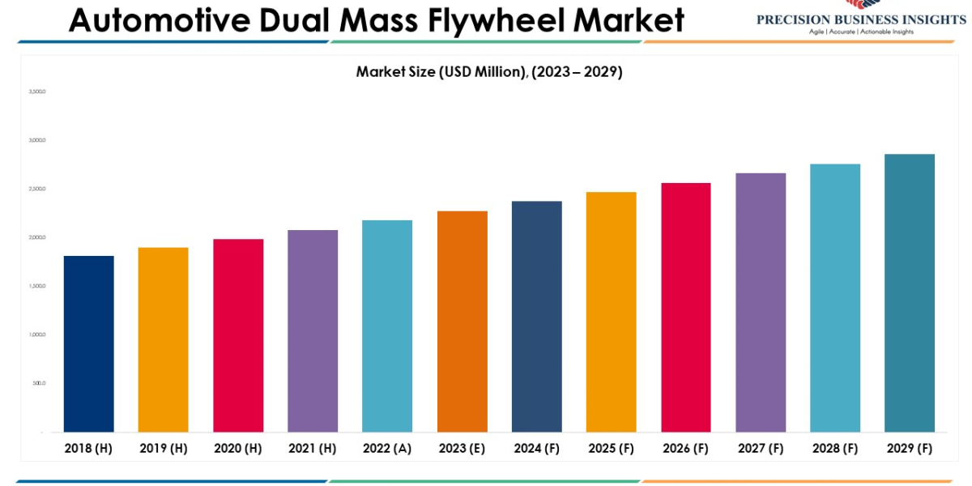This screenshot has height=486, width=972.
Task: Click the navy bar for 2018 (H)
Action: click(x=88, y=343)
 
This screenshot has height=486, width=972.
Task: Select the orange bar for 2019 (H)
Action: click(x=163, y=339)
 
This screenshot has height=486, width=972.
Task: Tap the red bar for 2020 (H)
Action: click(x=238, y=335)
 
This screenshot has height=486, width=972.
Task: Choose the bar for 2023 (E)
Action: click(x=463, y=322)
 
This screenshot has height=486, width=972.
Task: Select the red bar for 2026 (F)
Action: click(x=686, y=307)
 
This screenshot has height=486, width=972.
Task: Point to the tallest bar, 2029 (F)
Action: click(x=910, y=292)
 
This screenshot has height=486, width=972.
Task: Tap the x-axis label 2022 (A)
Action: click(x=387, y=448)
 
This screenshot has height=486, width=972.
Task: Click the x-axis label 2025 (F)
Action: click(x=612, y=448)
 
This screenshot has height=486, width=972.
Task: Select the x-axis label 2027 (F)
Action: click(x=761, y=448)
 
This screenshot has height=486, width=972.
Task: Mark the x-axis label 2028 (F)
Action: click(x=835, y=448)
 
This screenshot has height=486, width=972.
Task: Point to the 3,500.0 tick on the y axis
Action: click(x=37, y=92)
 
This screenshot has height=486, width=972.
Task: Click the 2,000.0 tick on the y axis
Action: click(x=37, y=237)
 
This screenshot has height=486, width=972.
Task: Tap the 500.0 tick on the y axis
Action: click(x=39, y=383)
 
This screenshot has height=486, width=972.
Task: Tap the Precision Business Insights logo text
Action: click(x=861, y=19)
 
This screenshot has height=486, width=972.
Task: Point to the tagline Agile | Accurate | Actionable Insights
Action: click(x=861, y=32)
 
